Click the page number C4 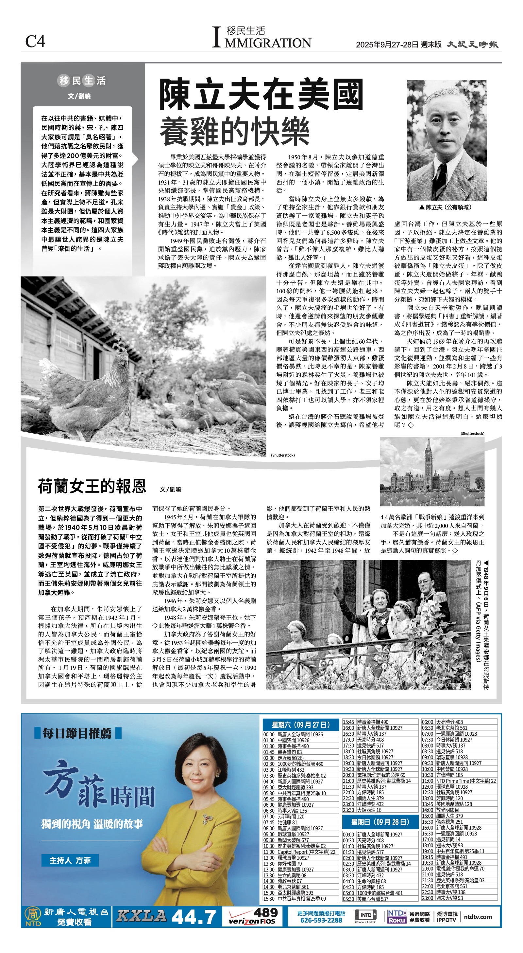tap(35, 42)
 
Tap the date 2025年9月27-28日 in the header tap(387, 45)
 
